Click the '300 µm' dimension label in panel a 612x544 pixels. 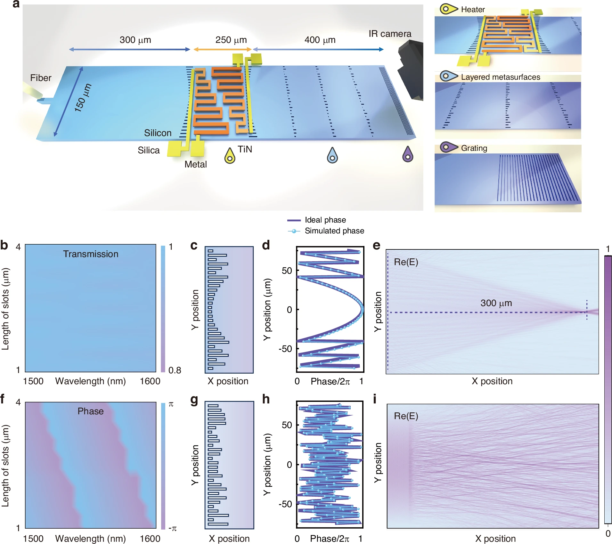135,40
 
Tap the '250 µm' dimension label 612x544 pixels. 231,40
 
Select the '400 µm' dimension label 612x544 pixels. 320,40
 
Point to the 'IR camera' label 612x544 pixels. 390,34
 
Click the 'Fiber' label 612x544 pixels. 41,78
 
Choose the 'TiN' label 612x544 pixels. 245,149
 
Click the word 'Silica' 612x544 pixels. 149,150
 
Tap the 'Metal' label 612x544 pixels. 196,164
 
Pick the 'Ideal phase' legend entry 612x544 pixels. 325,220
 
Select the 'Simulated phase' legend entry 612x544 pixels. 334,231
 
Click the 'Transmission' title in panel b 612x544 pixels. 91,254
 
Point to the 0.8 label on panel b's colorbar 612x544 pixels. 175,370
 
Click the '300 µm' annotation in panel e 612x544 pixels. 496,303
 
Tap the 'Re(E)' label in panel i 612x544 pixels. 406,416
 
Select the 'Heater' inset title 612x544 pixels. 473,10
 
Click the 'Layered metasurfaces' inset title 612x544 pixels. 500,77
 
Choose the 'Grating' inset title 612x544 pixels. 474,148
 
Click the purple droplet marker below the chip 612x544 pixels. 408,154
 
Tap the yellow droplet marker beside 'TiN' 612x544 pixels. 230,156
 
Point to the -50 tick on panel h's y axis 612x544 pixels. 285,504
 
